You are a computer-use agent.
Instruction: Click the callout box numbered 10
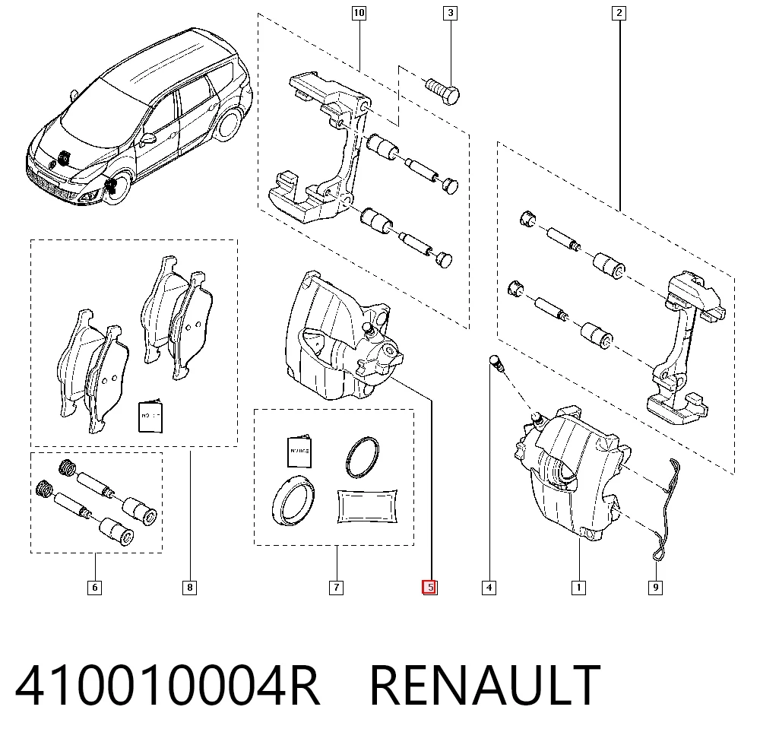click(359, 13)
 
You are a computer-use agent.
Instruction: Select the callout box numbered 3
click(450, 13)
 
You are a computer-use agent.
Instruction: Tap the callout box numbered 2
click(619, 13)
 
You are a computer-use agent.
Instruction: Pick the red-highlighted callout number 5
click(430, 588)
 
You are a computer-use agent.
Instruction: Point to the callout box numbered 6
click(94, 588)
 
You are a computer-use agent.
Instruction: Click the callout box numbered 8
click(189, 588)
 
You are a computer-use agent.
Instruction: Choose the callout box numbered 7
click(337, 588)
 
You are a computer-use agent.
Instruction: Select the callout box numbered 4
click(489, 588)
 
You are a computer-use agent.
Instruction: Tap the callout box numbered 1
click(578, 588)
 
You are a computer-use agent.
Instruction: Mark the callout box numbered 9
click(655, 588)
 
